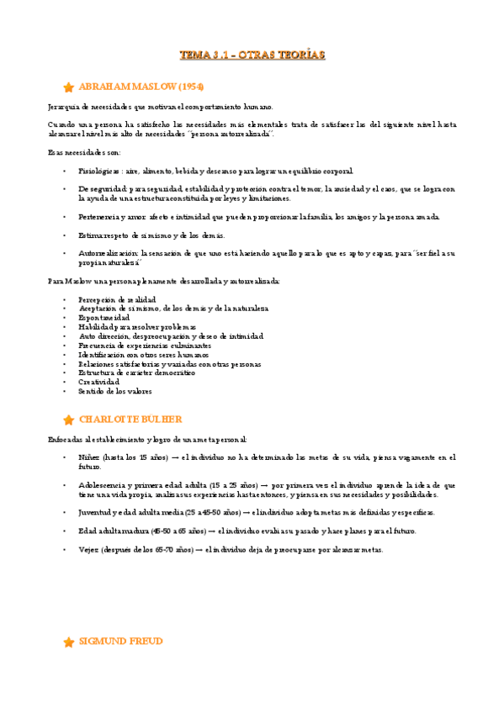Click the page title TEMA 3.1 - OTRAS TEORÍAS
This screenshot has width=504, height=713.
252,55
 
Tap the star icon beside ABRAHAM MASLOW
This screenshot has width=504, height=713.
68,87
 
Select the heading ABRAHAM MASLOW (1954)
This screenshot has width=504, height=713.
141,87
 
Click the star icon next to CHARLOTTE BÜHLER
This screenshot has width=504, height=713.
68,420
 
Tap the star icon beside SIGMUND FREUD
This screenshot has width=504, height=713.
68,642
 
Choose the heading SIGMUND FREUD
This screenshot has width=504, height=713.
120,642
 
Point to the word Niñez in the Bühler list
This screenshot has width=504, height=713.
89,457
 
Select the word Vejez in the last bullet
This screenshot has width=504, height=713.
89,549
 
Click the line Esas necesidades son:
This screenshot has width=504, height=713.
84,152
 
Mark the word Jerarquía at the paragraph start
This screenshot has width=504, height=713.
65,107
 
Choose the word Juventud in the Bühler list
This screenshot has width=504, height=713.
96,512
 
